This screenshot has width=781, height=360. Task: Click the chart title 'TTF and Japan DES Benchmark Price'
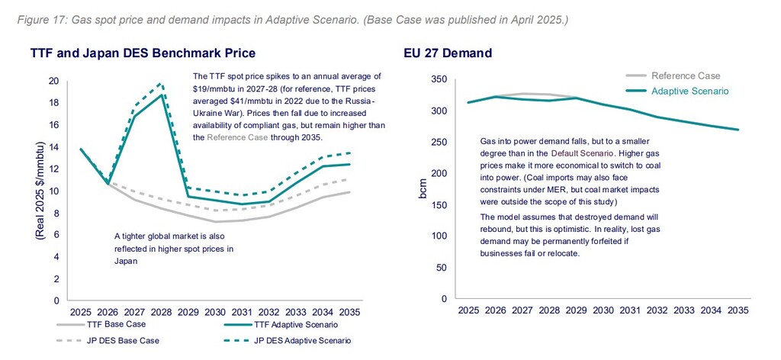(143, 53)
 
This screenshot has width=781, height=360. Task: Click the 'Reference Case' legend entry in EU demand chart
(685, 76)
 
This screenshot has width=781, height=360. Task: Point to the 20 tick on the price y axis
(53, 81)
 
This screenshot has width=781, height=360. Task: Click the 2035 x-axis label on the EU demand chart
(737, 310)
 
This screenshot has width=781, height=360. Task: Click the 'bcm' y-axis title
(423, 189)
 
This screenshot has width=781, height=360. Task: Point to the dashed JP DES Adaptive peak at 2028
(160, 83)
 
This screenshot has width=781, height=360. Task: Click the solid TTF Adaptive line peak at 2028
(160, 95)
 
